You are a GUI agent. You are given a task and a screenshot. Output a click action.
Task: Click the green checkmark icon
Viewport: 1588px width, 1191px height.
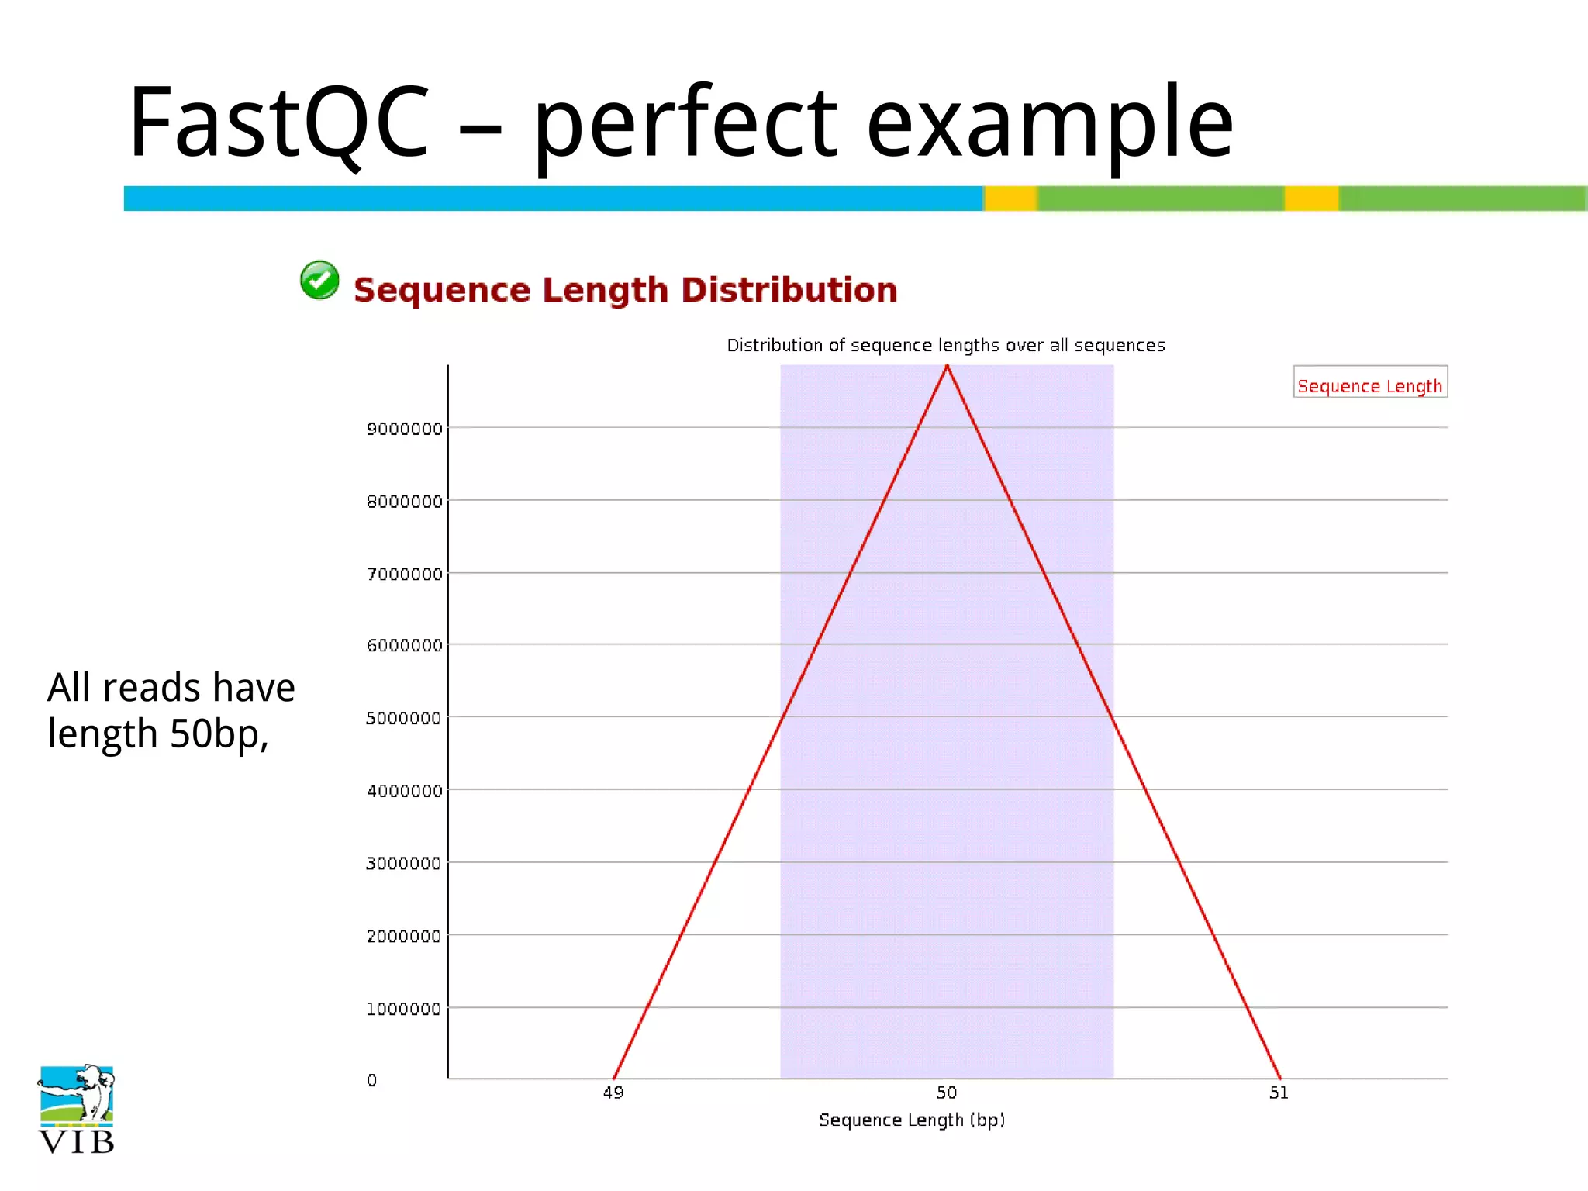point(319,280)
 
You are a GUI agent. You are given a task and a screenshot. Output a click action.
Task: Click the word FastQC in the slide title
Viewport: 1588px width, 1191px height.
point(278,123)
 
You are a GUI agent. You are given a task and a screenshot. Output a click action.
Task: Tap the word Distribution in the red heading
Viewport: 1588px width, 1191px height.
point(789,290)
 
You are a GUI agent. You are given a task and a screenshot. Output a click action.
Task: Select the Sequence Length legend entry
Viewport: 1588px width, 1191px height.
point(1369,385)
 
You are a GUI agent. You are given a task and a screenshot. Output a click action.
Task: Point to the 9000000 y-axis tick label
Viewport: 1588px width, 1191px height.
point(404,429)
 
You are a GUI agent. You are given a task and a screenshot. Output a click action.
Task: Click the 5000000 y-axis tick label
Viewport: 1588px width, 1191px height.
point(403,718)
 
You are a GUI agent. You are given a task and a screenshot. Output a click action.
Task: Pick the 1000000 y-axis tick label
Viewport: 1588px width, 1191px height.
point(403,1009)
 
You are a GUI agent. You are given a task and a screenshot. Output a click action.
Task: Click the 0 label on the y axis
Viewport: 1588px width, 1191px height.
point(372,1080)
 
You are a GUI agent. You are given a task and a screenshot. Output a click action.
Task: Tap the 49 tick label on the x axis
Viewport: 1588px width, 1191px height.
point(613,1093)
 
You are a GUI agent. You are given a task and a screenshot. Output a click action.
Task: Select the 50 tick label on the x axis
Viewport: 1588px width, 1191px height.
point(946,1093)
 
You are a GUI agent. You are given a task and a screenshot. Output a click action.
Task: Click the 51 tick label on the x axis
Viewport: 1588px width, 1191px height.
point(1279,1093)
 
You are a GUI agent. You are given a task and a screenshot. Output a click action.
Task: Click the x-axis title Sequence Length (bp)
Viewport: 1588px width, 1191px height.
point(912,1120)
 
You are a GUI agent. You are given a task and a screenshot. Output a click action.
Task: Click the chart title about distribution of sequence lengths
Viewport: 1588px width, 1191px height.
point(945,345)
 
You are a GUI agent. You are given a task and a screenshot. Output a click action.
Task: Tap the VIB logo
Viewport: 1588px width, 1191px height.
point(76,1110)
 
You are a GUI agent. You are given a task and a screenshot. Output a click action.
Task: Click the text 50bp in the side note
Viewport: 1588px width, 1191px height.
point(218,734)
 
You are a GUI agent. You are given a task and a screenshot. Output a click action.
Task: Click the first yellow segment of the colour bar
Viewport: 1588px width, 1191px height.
point(1010,198)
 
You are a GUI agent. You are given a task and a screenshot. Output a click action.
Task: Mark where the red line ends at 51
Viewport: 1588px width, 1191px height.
point(1279,1078)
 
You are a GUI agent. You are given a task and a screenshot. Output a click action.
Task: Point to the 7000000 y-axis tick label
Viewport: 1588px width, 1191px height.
point(404,574)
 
